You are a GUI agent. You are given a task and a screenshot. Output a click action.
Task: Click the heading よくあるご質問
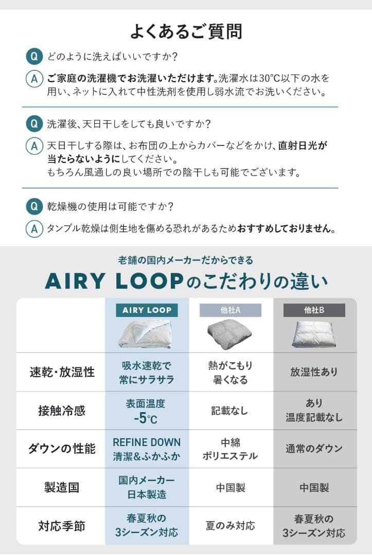pos(186,31)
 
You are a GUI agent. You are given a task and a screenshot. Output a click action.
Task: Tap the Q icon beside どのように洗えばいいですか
pos(33,56)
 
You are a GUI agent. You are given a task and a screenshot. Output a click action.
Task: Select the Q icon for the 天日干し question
pos(33,124)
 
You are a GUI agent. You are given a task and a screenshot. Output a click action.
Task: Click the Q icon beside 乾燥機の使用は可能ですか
pos(33,207)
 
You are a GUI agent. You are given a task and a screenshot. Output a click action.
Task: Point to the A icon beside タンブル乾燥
pos(33,229)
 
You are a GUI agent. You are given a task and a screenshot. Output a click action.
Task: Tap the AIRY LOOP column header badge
pos(147,310)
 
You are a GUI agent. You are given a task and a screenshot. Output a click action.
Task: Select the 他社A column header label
pos(231,310)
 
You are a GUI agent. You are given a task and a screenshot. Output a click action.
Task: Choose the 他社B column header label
pos(314,310)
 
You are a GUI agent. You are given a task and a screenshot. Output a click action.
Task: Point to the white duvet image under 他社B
pos(314,334)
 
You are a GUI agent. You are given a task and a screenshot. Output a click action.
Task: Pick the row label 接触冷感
pos(62,411)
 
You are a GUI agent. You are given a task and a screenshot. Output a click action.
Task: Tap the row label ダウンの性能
pos(62,449)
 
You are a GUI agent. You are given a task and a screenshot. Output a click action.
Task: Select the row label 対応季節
pos(62,526)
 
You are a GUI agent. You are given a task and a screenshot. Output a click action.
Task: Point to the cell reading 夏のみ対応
pos(230,526)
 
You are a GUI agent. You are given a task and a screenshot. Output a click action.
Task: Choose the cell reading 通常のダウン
pos(314,449)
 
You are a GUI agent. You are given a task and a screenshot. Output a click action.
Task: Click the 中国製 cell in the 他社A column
pos(230,487)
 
